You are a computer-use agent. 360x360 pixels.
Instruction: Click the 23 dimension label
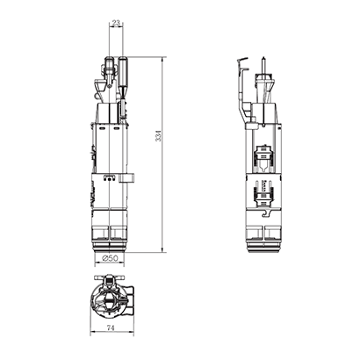pyautogui.click(x=116, y=24)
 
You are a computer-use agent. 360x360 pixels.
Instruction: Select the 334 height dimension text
pyautogui.click(x=158, y=136)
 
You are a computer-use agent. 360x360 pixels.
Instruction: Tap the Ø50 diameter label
pyautogui.click(x=110, y=258)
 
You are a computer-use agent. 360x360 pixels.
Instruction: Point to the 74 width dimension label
pyautogui.click(x=110, y=328)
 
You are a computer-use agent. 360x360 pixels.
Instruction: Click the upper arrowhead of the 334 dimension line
pyautogui.click(x=162, y=59)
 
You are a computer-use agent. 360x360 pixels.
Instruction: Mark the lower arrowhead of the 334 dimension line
pyautogui.click(x=162, y=249)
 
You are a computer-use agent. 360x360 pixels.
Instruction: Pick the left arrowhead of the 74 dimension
pyautogui.click(x=92, y=332)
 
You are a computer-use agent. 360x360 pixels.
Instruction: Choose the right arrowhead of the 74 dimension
pyautogui.click(x=132, y=332)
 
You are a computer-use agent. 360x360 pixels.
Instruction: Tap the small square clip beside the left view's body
pyautogui.click(x=126, y=178)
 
